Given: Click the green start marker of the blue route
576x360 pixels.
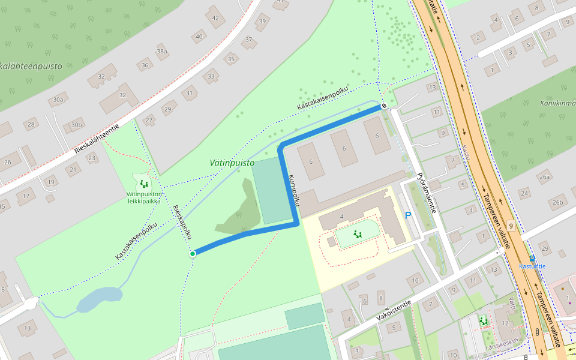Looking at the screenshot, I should pos(193,254).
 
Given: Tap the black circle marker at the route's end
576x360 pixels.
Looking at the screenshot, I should pos(384,106).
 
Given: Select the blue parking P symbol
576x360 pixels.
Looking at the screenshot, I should pos(409,215).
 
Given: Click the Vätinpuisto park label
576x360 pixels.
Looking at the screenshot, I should pos(232,163).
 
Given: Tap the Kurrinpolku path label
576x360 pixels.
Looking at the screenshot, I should pos(293,193).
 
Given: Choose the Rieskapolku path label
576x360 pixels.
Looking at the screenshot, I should pos(181,223).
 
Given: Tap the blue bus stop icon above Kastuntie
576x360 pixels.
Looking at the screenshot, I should pos(532,258).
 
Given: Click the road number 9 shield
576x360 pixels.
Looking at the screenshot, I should pos(510,226).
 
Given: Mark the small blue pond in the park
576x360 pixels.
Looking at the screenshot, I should pos(99,299).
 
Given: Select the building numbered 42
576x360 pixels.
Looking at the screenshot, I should pos(215,17).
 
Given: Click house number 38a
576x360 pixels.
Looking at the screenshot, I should pos(162,52).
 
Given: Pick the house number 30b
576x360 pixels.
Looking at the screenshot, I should pos(76,125).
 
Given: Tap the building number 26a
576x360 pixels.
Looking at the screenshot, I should pos(544,177).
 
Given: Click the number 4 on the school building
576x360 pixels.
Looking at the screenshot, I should pos(341,216).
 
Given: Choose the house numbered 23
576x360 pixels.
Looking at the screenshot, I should pos(92,158).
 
